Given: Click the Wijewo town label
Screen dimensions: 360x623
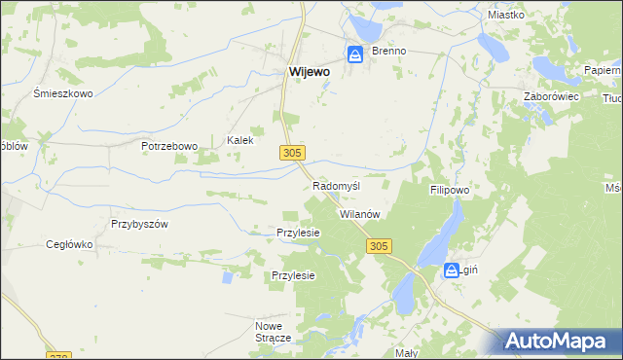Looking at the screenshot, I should click(x=309, y=71).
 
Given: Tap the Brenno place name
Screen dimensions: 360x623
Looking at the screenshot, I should click(x=387, y=51).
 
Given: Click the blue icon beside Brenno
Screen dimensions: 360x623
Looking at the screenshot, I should click(x=355, y=54).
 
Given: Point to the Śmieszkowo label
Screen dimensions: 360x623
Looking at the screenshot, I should click(x=62, y=93).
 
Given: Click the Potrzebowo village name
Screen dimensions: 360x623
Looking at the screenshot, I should click(x=168, y=146).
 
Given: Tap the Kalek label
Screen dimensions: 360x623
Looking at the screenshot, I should click(x=240, y=140).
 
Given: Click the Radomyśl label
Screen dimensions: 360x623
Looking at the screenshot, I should click(x=338, y=186).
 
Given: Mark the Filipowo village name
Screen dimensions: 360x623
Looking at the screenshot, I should click(x=450, y=191).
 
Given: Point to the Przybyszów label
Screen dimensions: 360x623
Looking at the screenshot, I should click(x=140, y=223).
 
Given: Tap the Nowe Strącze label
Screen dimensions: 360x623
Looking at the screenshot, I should click(x=274, y=331).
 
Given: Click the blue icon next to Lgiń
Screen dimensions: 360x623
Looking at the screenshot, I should click(x=451, y=271).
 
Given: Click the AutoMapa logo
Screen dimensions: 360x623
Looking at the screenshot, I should click(x=561, y=342).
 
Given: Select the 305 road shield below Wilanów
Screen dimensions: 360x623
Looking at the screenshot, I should click(x=379, y=247).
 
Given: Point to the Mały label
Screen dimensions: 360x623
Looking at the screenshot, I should click(x=406, y=353).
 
